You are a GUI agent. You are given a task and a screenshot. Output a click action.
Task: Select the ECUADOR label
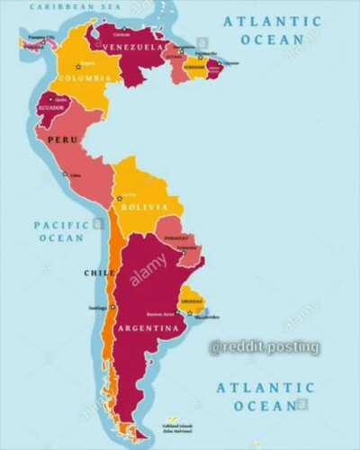point(50,108)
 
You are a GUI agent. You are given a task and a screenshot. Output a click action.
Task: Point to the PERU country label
point(62,140)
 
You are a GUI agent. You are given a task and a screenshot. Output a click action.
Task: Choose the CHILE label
point(99,272)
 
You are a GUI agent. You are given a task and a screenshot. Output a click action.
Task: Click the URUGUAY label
point(192,301)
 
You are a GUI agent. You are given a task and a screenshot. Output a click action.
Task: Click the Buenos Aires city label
point(160,313)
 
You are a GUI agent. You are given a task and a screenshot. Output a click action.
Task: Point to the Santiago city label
point(98,309)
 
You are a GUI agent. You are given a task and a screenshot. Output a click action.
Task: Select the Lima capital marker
point(64,173)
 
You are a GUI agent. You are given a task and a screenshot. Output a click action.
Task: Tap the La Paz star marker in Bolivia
point(119,197)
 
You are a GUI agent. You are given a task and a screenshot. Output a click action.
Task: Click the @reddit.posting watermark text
point(264,346)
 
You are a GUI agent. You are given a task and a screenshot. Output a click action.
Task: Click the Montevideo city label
point(207,317)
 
